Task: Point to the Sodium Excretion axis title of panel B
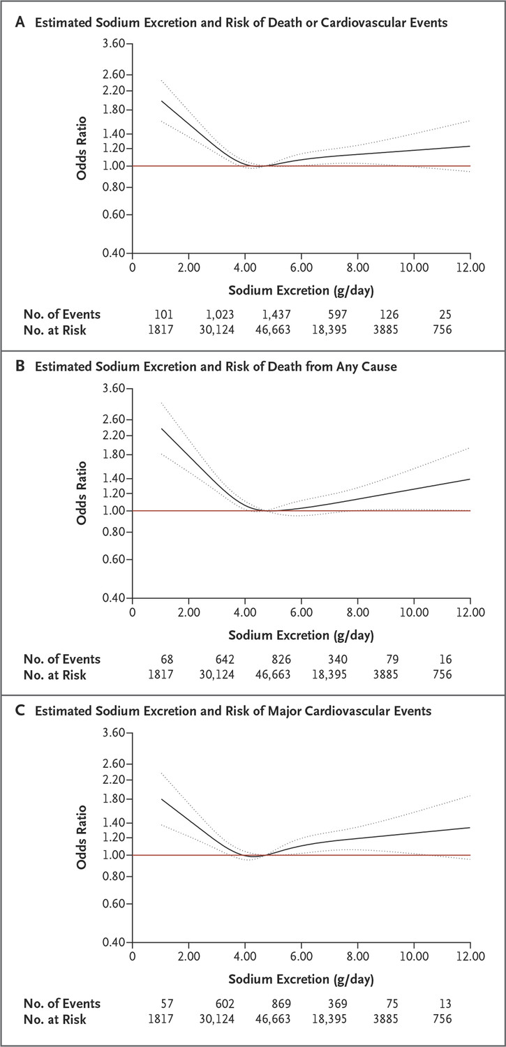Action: click(x=301, y=635)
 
